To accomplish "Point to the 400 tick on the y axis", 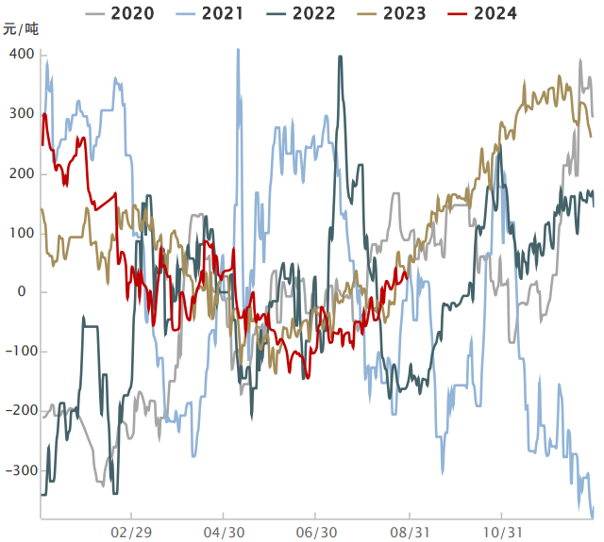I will pyautogui.click(x=23, y=55).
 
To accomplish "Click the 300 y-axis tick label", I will pyautogui.click(x=23, y=114).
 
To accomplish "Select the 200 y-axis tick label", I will pyautogui.click(x=23, y=173).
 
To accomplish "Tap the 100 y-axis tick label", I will pyautogui.click(x=23, y=233).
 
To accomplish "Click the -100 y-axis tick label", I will pyautogui.click(x=20, y=352).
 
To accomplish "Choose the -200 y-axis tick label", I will pyautogui.click(x=20, y=411).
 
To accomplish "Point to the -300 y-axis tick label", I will pyautogui.click(x=20, y=470).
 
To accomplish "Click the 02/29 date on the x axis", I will pyautogui.click(x=131, y=532).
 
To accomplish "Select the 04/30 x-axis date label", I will pyautogui.click(x=224, y=532).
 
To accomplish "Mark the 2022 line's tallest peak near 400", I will pyautogui.click(x=340, y=57).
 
